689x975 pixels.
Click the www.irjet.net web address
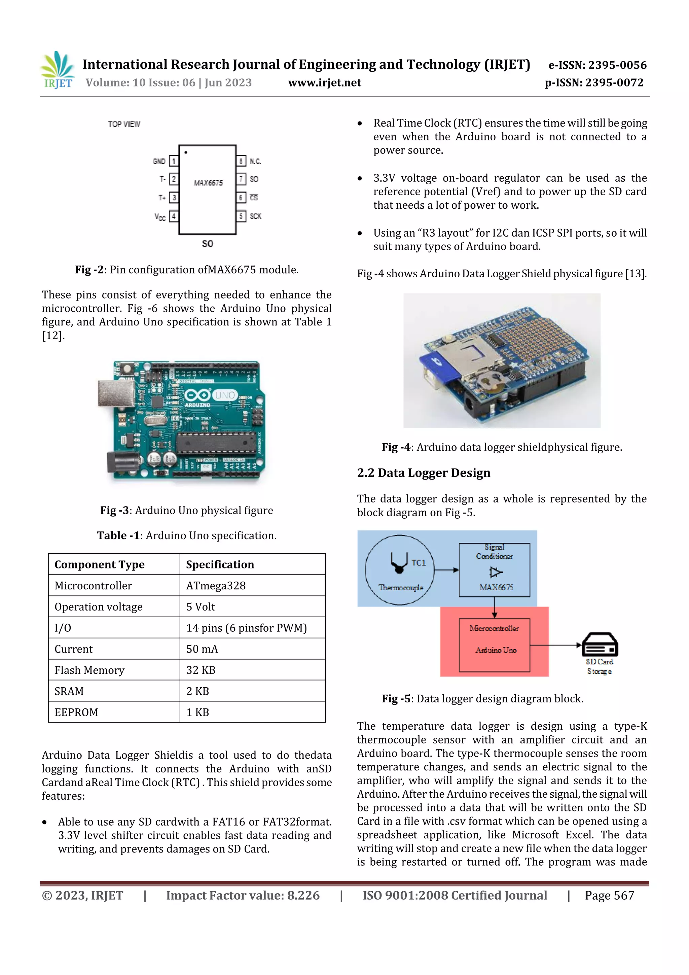pos(324,82)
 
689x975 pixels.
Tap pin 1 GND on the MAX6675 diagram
pos(173,161)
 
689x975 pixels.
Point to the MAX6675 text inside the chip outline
pos(208,183)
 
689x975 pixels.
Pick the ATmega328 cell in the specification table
pos(216,586)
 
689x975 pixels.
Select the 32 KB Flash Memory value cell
pos(201,670)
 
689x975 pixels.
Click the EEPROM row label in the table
pos(76,712)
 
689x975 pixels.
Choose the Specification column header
pos(220,564)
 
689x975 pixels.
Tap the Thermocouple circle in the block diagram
pos(399,570)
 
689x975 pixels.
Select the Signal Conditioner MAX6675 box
pos(494,570)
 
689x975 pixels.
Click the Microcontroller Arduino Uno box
pos(494,645)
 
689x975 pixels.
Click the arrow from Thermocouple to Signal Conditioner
pos(446,570)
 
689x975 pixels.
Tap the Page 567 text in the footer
pos(609,895)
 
